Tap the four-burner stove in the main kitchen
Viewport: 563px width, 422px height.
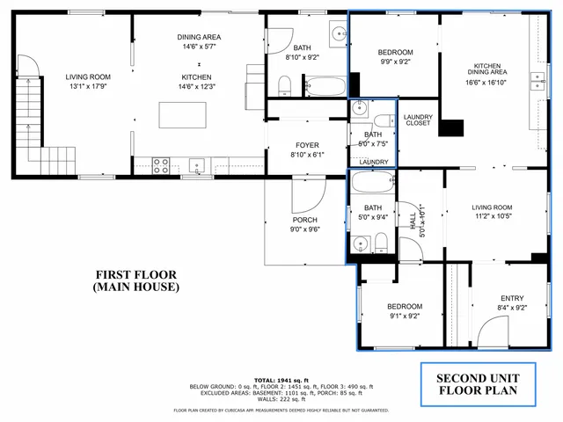(x=162, y=163)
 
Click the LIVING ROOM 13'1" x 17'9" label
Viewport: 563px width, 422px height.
(x=89, y=82)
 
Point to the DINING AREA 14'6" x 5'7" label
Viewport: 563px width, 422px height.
(x=199, y=41)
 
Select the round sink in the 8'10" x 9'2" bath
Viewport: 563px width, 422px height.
(x=339, y=35)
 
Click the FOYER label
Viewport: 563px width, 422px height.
(x=307, y=145)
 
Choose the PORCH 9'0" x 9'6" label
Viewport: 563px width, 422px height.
(x=305, y=224)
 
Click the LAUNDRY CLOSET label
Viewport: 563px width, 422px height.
(x=417, y=120)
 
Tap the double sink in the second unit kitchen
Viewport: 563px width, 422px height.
(x=536, y=82)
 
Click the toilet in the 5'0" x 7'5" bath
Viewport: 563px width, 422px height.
(x=384, y=122)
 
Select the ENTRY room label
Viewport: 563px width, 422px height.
(x=511, y=302)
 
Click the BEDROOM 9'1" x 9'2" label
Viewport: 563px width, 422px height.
(x=404, y=311)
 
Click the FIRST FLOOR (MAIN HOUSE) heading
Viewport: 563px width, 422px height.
(x=136, y=280)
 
